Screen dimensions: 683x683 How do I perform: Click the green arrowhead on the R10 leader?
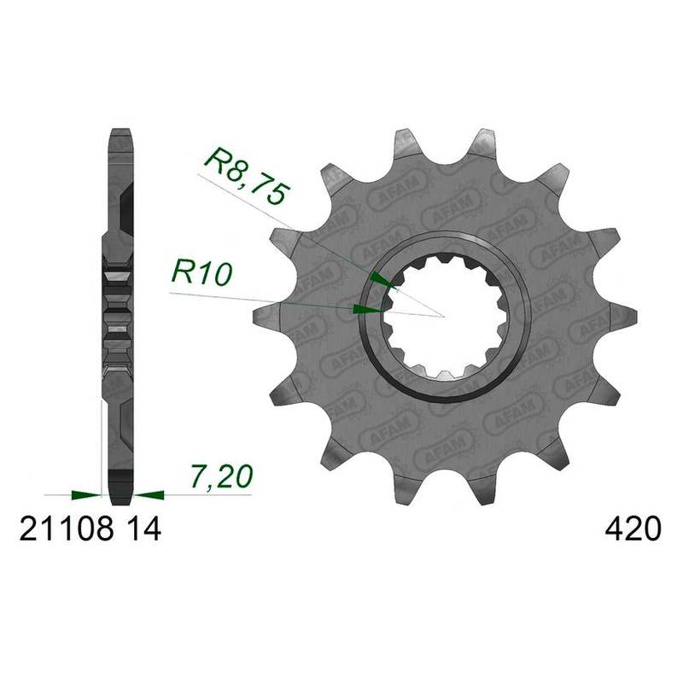click(368, 309)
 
